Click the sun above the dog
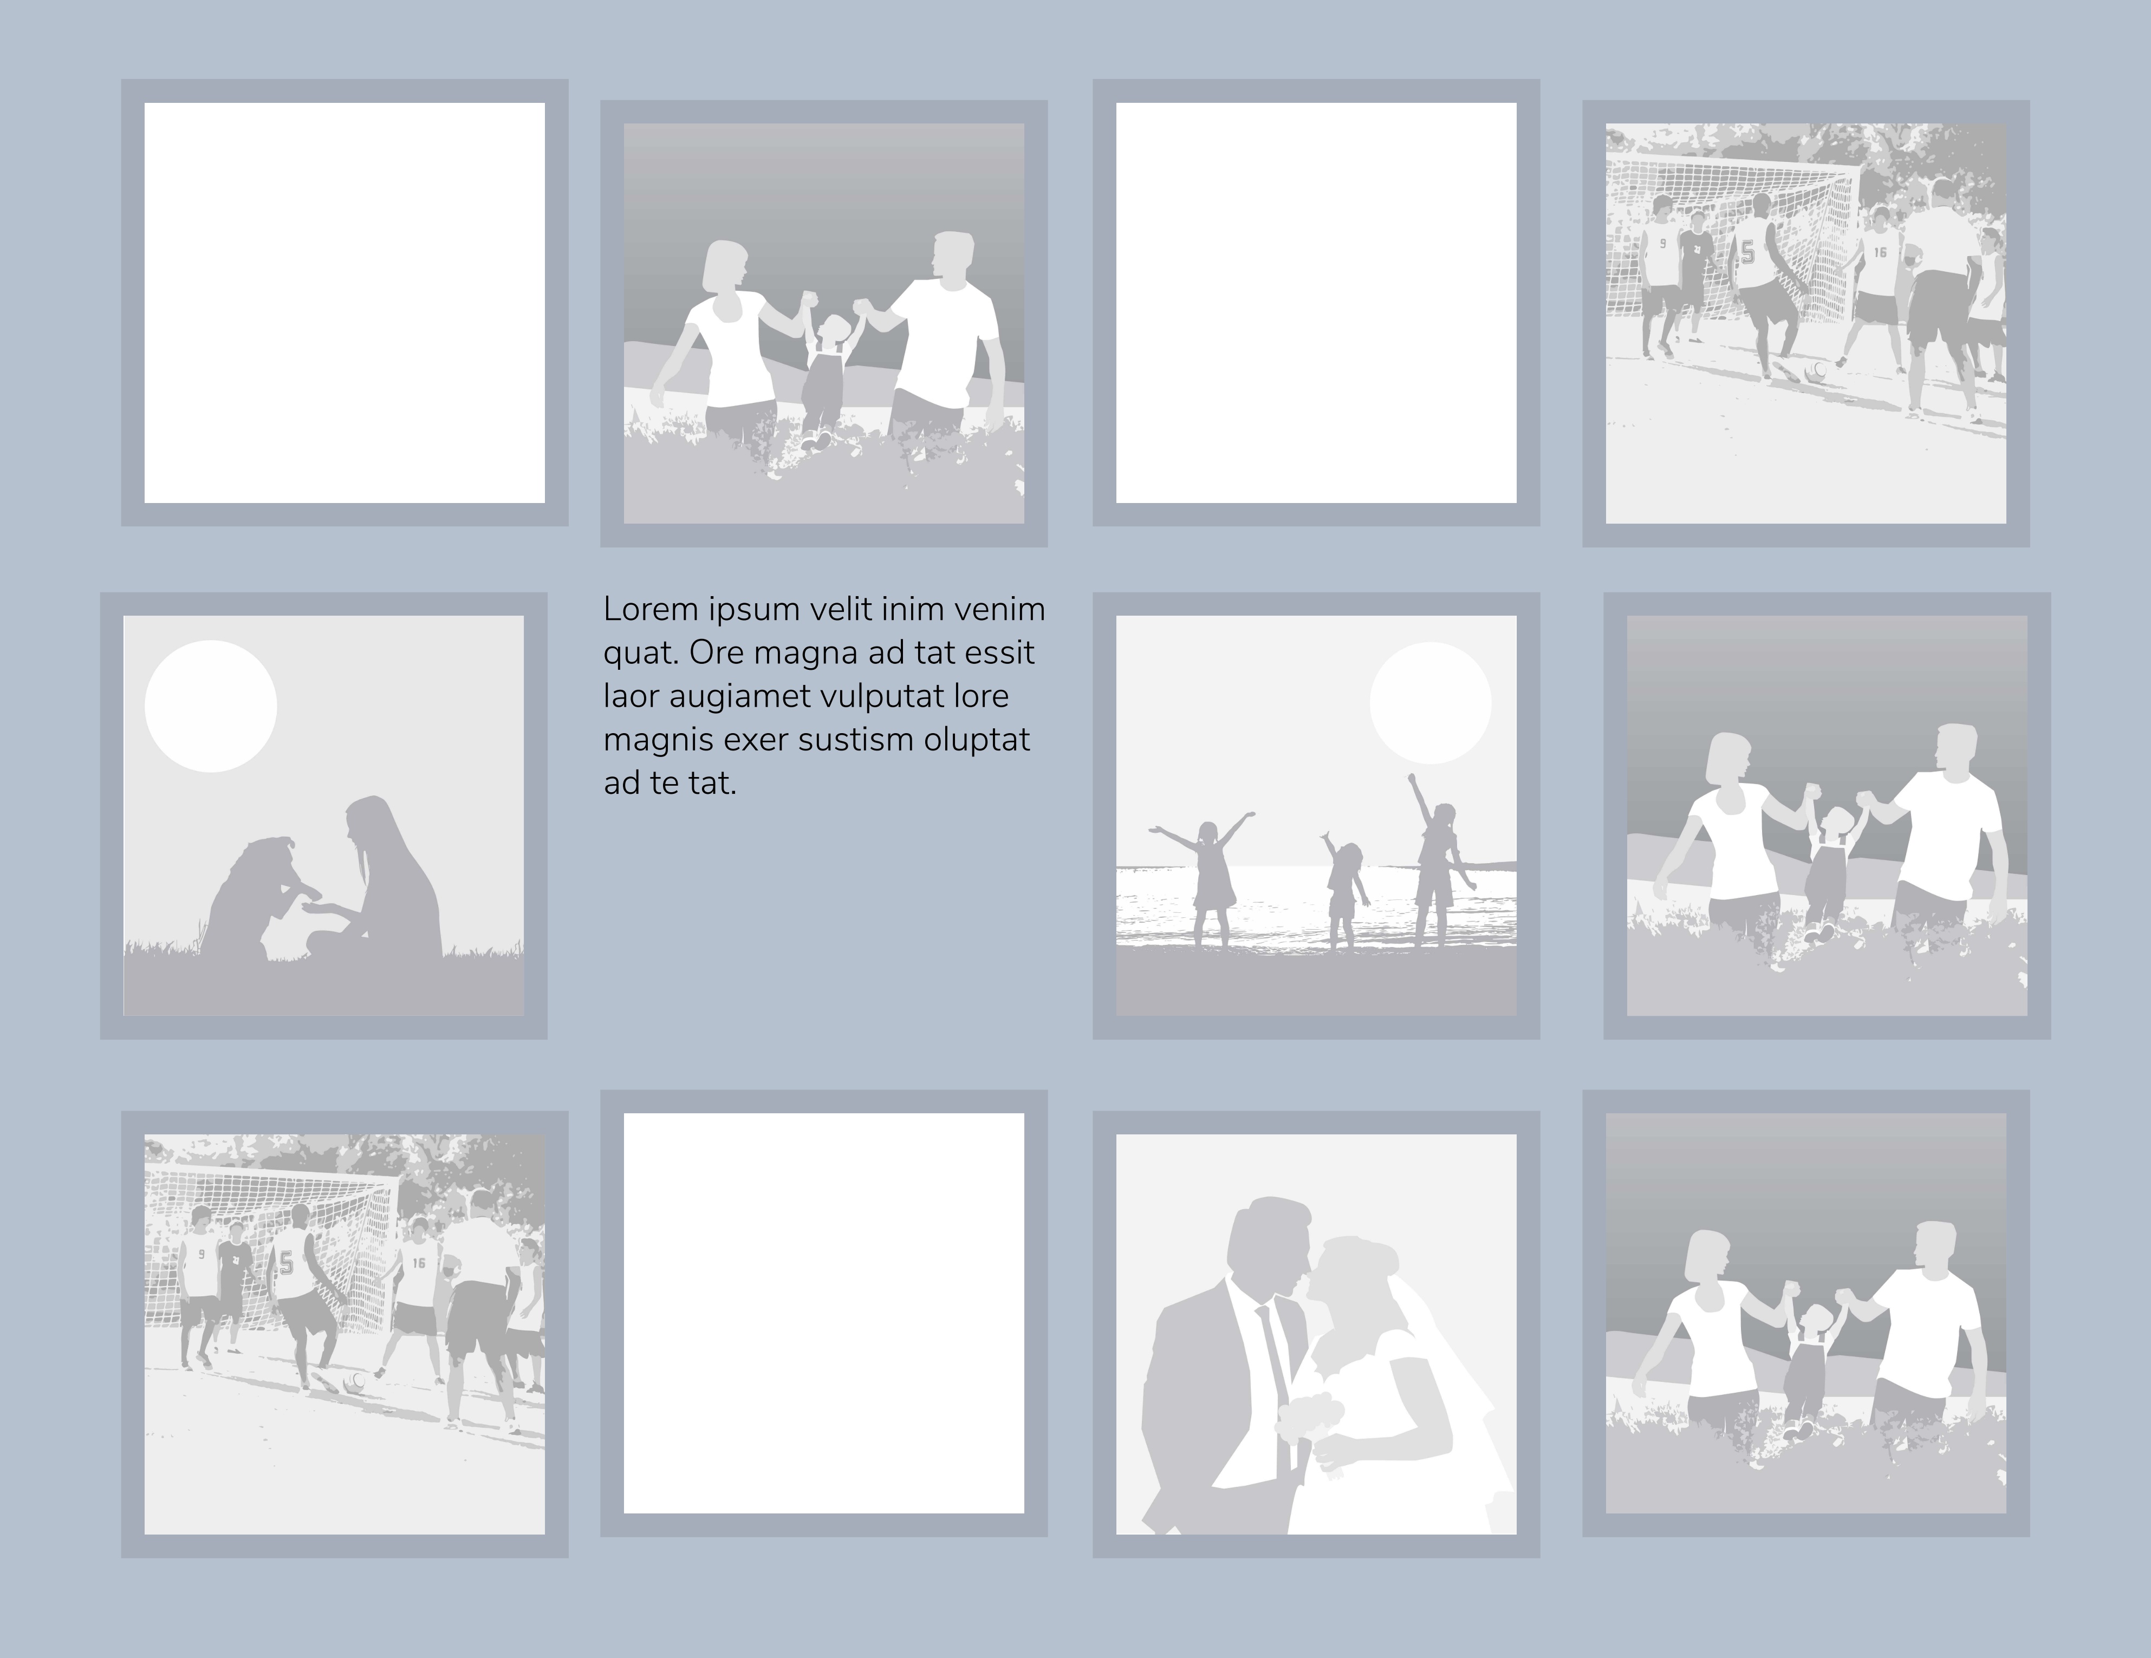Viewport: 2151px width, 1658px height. point(211,706)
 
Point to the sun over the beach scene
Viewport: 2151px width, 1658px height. point(1430,703)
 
